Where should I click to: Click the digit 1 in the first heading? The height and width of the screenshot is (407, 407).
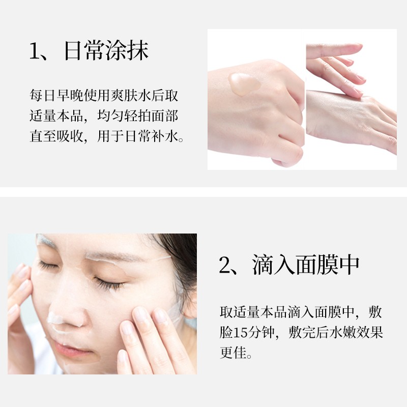coord(34,52)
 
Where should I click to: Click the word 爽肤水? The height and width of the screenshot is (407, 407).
coord(129,95)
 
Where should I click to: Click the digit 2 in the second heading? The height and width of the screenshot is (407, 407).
coord(225,265)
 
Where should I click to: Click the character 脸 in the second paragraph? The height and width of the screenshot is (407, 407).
coord(226,334)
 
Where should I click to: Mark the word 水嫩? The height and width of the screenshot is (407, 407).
coord(338,334)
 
